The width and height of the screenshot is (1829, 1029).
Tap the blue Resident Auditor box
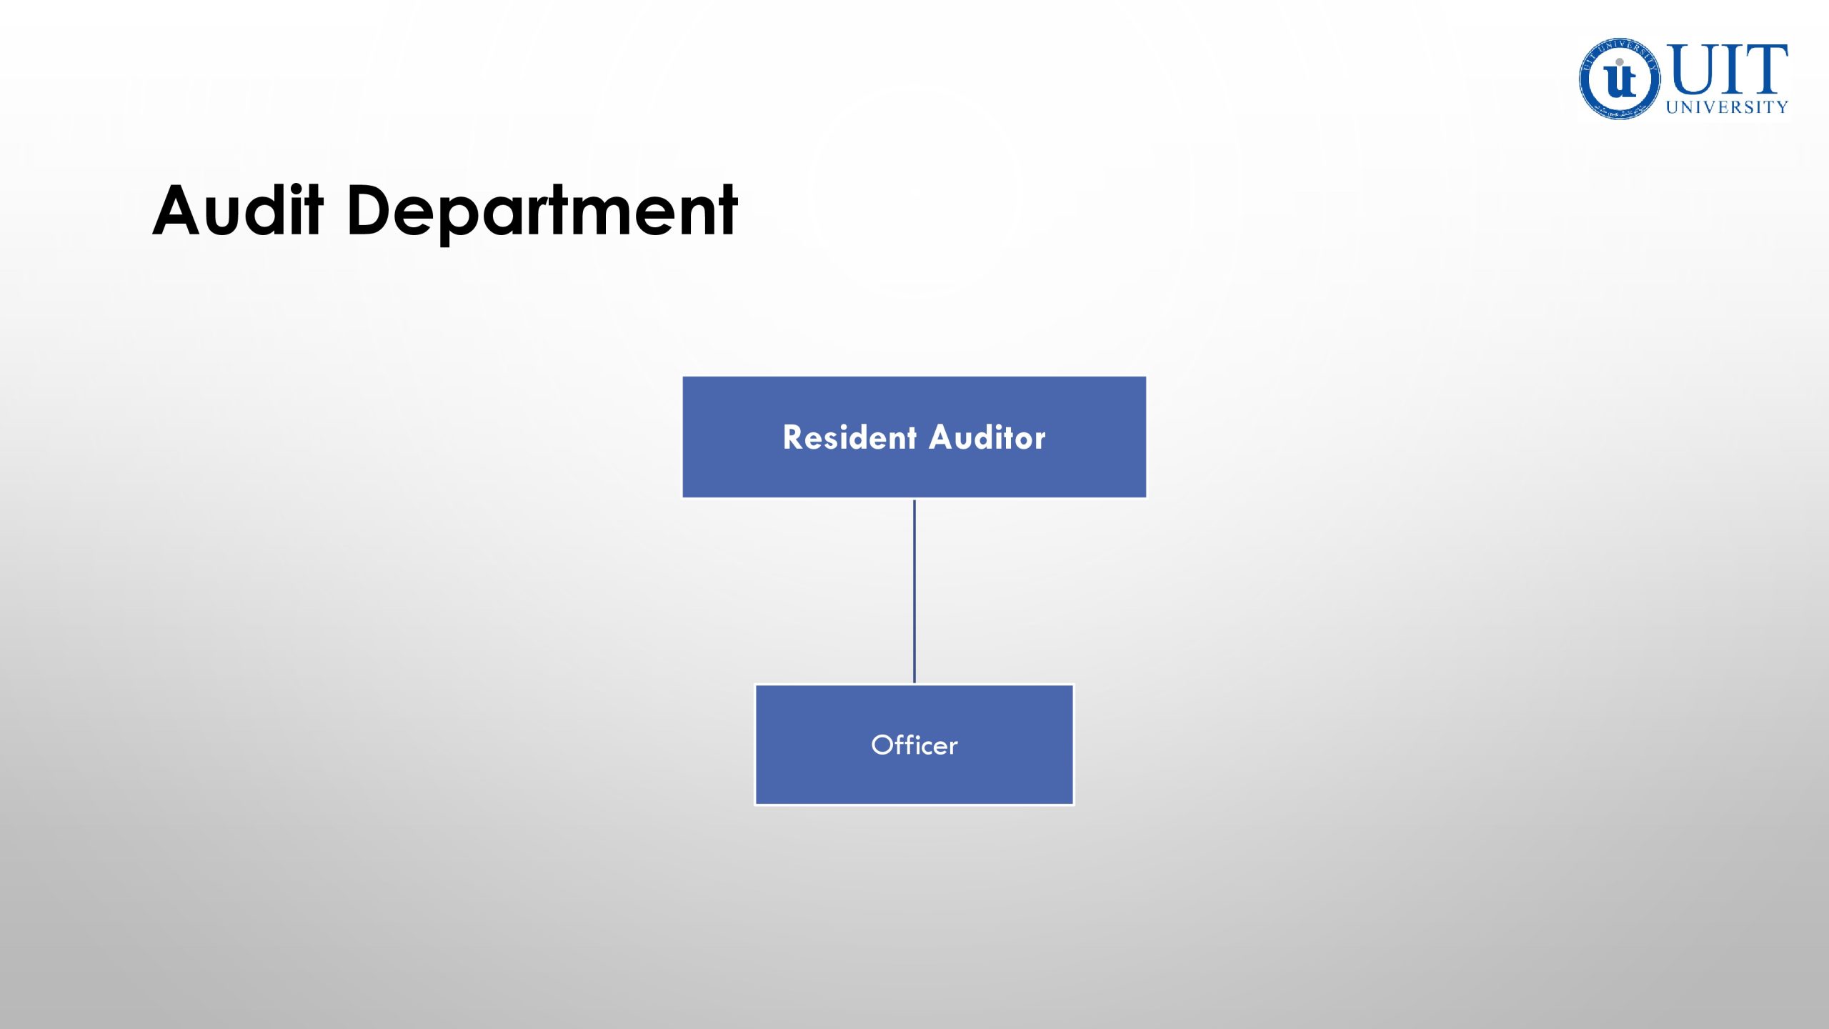pyautogui.click(x=914, y=437)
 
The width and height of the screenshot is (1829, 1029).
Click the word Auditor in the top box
pyautogui.click(x=988, y=437)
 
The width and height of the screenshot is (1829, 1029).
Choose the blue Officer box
pyautogui.click(x=914, y=745)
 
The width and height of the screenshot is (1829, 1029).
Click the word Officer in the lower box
pyautogui.click(x=914, y=745)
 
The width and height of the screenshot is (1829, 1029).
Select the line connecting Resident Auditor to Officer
pyautogui.click(x=914, y=591)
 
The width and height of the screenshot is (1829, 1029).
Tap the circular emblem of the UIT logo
pyautogui.click(x=1620, y=79)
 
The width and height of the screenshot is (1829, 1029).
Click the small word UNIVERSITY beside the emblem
pyautogui.click(x=1727, y=107)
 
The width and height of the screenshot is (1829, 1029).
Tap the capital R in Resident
pyautogui.click(x=794, y=437)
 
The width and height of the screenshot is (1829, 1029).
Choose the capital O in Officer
pyautogui.click(x=884, y=745)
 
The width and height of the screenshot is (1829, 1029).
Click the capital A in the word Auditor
pyautogui.click(x=944, y=437)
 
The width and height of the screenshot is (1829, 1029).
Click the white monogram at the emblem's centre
pyautogui.click(x=1620, y=79)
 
